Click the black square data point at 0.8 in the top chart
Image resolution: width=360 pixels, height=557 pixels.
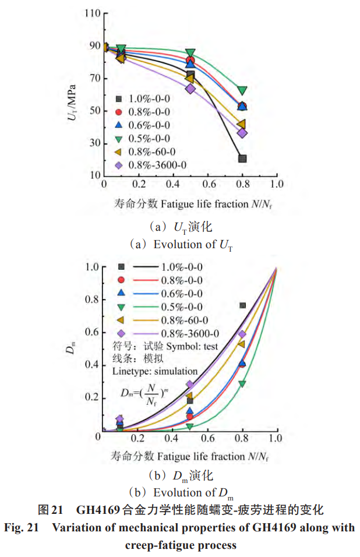[x=242, y=158]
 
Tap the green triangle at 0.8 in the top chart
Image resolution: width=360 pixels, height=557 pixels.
[x=242, y=91]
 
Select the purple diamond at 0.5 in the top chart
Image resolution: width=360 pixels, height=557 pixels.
[x=190, y=89]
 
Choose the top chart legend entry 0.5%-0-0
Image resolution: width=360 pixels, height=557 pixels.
[x=149, y=138]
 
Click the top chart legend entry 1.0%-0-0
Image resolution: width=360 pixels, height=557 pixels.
[x=149, y=98]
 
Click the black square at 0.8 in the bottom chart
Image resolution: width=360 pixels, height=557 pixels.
[x=242, y=305]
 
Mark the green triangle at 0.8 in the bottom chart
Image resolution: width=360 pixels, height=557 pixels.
[x=242, y=384]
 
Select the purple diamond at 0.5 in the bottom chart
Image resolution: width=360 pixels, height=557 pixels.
[x=190, y=385]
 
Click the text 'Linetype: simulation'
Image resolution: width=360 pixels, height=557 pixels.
[x=155, y=371]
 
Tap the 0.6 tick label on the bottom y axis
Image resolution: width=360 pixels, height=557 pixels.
[x=91, y=332]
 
